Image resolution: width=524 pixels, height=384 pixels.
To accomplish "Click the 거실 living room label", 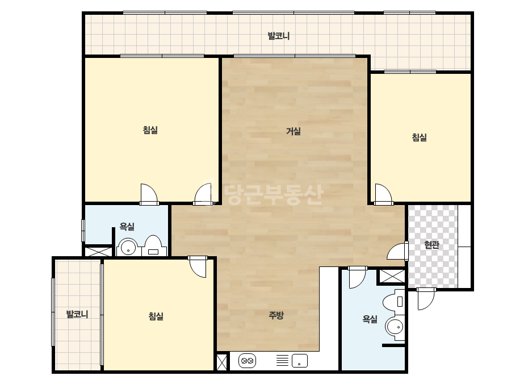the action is (294, 131).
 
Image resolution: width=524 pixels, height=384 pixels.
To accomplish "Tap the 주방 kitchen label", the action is (276, 315).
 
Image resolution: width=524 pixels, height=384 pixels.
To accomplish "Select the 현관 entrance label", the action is (431, 245).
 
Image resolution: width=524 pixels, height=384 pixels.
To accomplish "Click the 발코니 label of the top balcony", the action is (278, 36).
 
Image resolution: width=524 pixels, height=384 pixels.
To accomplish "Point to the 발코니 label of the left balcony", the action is (77, 314).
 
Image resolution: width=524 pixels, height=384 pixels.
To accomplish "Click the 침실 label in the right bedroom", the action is (419, 137).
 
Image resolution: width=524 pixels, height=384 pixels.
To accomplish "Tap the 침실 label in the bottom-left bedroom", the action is (156, 316).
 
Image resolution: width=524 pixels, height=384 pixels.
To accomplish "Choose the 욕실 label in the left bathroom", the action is (127, 227).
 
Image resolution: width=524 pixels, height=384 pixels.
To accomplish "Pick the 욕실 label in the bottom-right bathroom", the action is (370, 319).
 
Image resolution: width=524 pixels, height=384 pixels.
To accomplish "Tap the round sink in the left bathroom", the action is (128, 248).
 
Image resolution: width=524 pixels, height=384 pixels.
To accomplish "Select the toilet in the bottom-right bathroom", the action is (394, 302).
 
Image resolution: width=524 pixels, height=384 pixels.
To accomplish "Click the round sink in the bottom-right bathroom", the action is (395, 327).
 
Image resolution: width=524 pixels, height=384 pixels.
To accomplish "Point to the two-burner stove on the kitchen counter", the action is (248, 361).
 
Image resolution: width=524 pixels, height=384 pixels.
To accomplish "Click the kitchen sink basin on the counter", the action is (299, 361).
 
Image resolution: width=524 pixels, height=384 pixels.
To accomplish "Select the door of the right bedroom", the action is (383, 194).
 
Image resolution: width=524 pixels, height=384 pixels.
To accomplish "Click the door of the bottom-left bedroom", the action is (198, 266).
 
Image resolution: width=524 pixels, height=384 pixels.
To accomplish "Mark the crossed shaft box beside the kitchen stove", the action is (221, 362).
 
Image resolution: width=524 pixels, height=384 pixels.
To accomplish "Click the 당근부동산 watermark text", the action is (274, 195).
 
